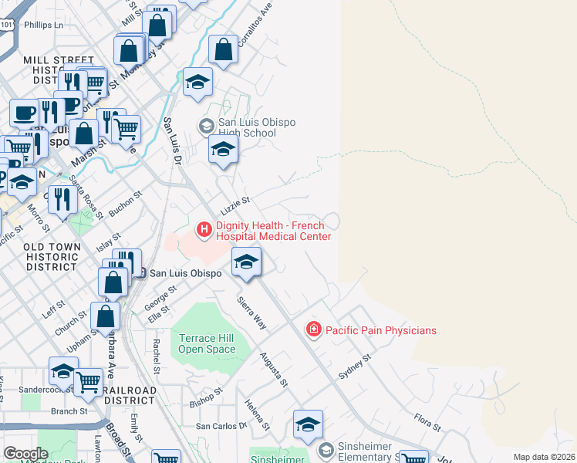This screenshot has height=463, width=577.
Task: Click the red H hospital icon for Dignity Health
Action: (x=204, y=229)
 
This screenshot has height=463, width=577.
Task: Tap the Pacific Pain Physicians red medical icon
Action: (x=314, y=330)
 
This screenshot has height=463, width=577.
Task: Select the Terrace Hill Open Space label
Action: (x=207, y=343)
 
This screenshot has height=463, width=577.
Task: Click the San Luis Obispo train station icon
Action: (x=140, y=272)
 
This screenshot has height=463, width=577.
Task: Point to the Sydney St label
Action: (x=355, y=367)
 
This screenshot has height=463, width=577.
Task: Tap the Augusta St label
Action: (x=274, y=368)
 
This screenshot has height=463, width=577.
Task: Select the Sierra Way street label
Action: (x=251, y=313)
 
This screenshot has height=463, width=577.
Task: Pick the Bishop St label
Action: (x=206, y=397)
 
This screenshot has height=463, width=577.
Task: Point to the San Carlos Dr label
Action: (x=221, y=425)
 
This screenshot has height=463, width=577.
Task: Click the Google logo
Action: (x=25, y=454)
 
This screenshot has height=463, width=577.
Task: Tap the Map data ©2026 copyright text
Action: (x=544, y=457)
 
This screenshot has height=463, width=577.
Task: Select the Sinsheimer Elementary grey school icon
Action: (x=326, y=449)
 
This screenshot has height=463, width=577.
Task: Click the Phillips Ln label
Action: (x=43, y=25)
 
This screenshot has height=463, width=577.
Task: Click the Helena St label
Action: (x=258, y=414)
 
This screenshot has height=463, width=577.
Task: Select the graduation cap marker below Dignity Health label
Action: (x=246, y=262)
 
